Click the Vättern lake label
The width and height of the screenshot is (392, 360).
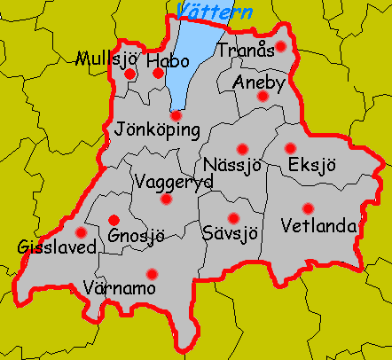214,12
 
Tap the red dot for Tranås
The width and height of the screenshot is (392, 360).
281,46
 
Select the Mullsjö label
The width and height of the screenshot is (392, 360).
107,60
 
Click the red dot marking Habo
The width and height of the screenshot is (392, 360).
159,73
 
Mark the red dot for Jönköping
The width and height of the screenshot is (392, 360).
176,115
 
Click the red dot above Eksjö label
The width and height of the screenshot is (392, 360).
290,148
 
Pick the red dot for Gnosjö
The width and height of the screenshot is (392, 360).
113,219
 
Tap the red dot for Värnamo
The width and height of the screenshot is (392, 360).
152,274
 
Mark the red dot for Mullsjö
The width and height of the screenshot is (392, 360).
130,74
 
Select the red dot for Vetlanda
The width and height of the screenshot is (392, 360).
307,209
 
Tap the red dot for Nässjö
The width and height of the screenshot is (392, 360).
242,149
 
